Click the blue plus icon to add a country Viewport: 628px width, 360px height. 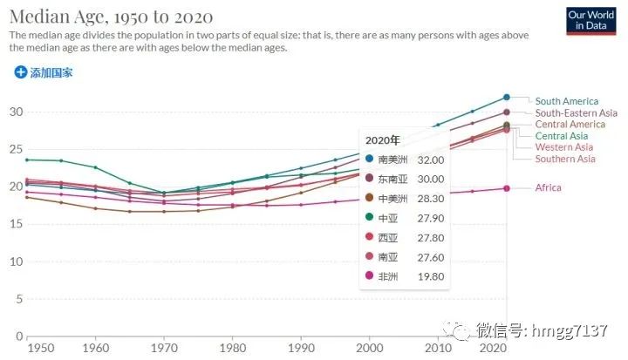tap(21, 72)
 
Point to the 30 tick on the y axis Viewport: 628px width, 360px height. tap(15, 112)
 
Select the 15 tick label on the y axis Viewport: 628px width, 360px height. tap(15, 224)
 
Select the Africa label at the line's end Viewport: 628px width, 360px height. tap(548, 187)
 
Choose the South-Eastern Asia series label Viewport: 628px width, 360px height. tap(576, 112)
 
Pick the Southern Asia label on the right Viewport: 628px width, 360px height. tap(565, 159)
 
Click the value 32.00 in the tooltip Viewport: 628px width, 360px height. tap(430, 160)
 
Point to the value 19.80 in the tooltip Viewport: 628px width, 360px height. tap(430, 276)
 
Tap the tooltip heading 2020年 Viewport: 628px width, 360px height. tap(382, 139)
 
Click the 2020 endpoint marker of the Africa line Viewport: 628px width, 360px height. tap(507, 188)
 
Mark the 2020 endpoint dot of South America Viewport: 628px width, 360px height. tap(507, 97)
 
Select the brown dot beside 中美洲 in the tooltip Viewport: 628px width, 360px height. tap(370, 198)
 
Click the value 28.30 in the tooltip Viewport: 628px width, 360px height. tap(430, 198)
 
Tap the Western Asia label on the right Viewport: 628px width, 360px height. tap(564, 147)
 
